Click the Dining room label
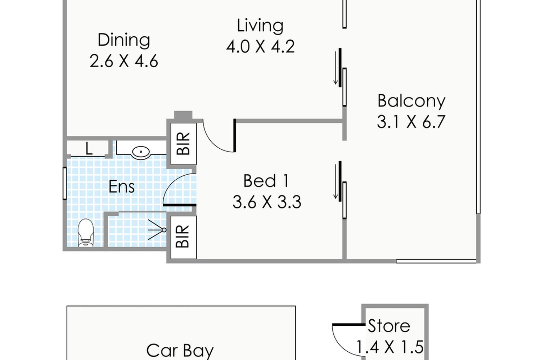[x=124, y=40]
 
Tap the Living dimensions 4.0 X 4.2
[x=260, y=46]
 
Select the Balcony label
[x=411, y=101]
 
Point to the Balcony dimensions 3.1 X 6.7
[x=411, y=122]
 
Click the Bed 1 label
[x=266, y=181]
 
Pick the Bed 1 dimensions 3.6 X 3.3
[x=267, y=202]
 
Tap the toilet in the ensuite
[x=86, y=233]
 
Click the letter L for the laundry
[x=89, y=149]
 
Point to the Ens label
[x=122, y=186]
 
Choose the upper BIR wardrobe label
[x=183, y=144]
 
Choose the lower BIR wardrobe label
[x=183, y=237]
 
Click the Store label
[x=388, y=326]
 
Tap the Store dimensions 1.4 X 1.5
[x=390, y=347]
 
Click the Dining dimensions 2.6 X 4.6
[x=124, y=61]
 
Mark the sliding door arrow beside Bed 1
[x=336, y=181]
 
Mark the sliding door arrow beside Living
[x=336, y=68]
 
